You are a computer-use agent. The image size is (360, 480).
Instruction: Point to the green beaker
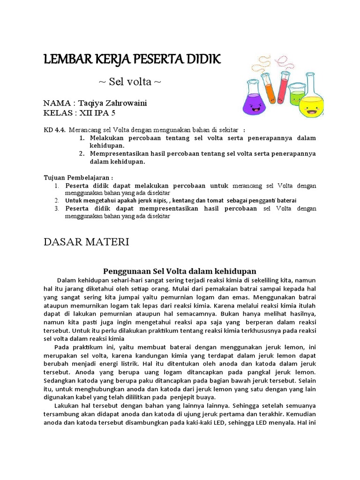coord(296,95)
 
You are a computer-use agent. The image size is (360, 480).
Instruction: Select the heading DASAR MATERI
coord(86,242)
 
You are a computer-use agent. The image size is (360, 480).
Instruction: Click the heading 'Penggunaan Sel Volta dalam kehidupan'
coord(180,271)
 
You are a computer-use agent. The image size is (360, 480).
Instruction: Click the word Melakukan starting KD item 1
coord(110,138)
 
